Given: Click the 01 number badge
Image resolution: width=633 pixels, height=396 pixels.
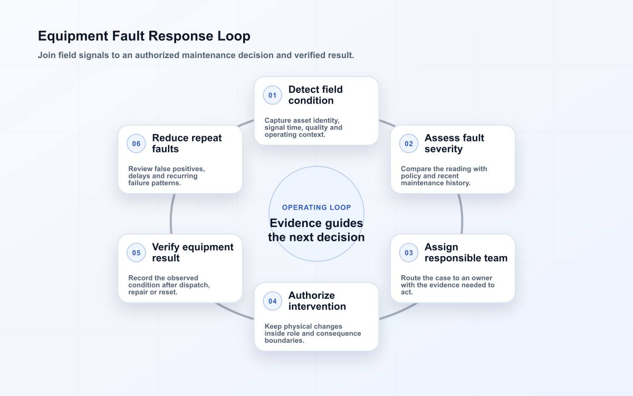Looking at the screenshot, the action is pos(272,95).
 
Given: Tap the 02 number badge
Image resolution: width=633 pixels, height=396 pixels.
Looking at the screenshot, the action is pos(409,144).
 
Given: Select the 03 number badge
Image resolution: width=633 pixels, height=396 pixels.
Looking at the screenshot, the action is pos(409,252).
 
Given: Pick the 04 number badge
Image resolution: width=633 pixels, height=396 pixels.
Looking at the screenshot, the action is pos(272,301).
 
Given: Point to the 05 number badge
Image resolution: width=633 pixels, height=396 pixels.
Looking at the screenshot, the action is pos(136,252).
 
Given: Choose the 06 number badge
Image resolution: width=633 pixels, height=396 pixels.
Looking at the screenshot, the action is pos(136,144).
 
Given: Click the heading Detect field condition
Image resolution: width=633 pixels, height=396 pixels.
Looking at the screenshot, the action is pos(315,95).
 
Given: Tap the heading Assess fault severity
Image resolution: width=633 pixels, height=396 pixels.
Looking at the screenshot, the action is pos(454,144).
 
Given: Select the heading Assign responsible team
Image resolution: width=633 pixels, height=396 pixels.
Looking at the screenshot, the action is pos(466,252).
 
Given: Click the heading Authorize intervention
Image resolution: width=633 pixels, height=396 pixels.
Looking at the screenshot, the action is pos(317,301).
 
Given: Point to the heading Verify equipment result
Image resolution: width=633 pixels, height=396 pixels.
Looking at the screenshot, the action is pos(193,252).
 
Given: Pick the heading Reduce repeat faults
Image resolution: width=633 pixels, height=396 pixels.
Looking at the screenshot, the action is pos(187,144).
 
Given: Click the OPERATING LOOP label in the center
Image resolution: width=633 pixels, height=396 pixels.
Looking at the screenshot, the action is pos(316,208).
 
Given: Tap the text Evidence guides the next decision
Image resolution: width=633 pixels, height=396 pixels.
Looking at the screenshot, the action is pos(316,230).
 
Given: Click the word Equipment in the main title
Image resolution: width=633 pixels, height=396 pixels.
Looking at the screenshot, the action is pos(73,36).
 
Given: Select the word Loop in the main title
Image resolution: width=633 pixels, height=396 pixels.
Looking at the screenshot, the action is pos(234,36).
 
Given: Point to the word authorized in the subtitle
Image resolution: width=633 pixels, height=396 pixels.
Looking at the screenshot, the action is pos(157,55).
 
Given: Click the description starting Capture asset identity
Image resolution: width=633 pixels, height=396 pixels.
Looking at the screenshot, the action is pos(303,128).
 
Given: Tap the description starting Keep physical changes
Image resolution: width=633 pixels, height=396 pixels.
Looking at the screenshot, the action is pos(312,334).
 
